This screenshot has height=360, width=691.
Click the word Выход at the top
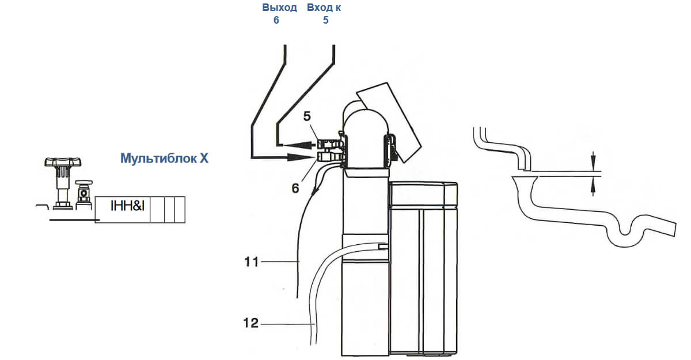279,7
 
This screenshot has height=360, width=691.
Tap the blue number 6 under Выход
276,20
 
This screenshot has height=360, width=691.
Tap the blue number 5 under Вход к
326,20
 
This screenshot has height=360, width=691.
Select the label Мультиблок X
164,158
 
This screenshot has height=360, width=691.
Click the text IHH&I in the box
127,206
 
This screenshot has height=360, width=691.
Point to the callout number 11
251,262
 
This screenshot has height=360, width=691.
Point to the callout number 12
251,323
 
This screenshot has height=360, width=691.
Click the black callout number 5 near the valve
307,116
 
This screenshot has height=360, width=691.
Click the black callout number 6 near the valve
295,188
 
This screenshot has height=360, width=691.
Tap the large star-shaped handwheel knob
63,162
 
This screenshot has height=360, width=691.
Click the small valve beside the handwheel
83,194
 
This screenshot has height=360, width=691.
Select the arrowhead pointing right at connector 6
300,157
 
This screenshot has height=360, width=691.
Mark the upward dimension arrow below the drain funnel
593,186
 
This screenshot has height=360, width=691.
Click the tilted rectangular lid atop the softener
389,122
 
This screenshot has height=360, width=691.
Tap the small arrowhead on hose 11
315,191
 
